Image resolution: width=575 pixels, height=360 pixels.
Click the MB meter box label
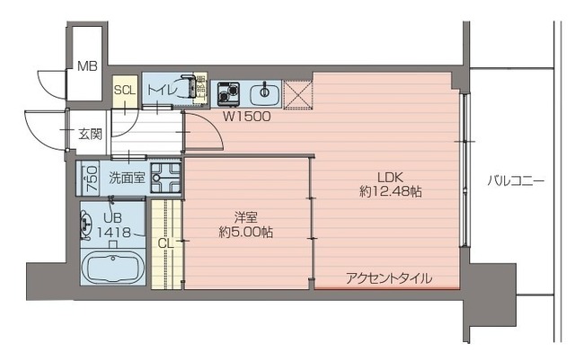pos(88,66)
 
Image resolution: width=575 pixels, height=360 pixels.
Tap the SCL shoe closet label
pos(125,90)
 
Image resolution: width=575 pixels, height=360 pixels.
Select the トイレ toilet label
pos(163,90)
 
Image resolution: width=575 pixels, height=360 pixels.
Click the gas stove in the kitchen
pos(228,92)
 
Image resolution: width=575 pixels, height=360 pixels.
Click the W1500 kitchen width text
pos(247,116)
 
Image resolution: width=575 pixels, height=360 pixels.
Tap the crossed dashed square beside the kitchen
pos(298,95)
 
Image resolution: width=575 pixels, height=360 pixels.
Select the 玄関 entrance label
pos(90,135)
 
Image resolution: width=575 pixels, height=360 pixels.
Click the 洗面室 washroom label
pos(127,178)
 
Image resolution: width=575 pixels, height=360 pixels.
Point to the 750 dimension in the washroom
pos(92,178)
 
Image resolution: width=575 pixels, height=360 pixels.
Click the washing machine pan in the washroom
pos(166,178)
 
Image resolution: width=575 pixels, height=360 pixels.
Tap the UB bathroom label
pos(112,218)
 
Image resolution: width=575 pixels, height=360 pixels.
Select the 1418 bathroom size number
pos(114,232)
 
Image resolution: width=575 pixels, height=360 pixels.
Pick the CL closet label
pos(165,243)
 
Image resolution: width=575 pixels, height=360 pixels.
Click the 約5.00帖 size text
pos(245,232)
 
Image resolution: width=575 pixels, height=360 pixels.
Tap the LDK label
pos(391,178)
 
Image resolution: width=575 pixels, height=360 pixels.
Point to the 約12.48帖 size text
pos(391,191)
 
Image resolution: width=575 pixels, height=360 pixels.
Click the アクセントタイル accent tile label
pos(389,278)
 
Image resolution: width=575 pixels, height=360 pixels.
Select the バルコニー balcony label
pos(516,180)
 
